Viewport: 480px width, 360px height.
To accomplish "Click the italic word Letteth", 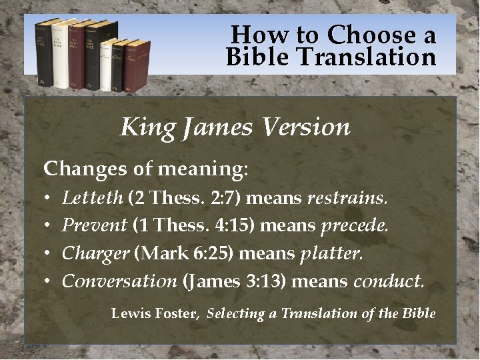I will coord(93,198).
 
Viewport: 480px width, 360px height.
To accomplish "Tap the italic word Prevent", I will coord(94,225).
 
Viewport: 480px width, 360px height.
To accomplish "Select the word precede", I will coord(355,225).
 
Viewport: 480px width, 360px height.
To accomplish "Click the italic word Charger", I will coord(95,253).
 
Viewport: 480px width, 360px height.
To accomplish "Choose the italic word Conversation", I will coord(119,281).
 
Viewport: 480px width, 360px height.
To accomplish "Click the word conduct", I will coord(388,281).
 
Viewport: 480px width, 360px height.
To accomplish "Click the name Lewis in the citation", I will coord(130,313).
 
